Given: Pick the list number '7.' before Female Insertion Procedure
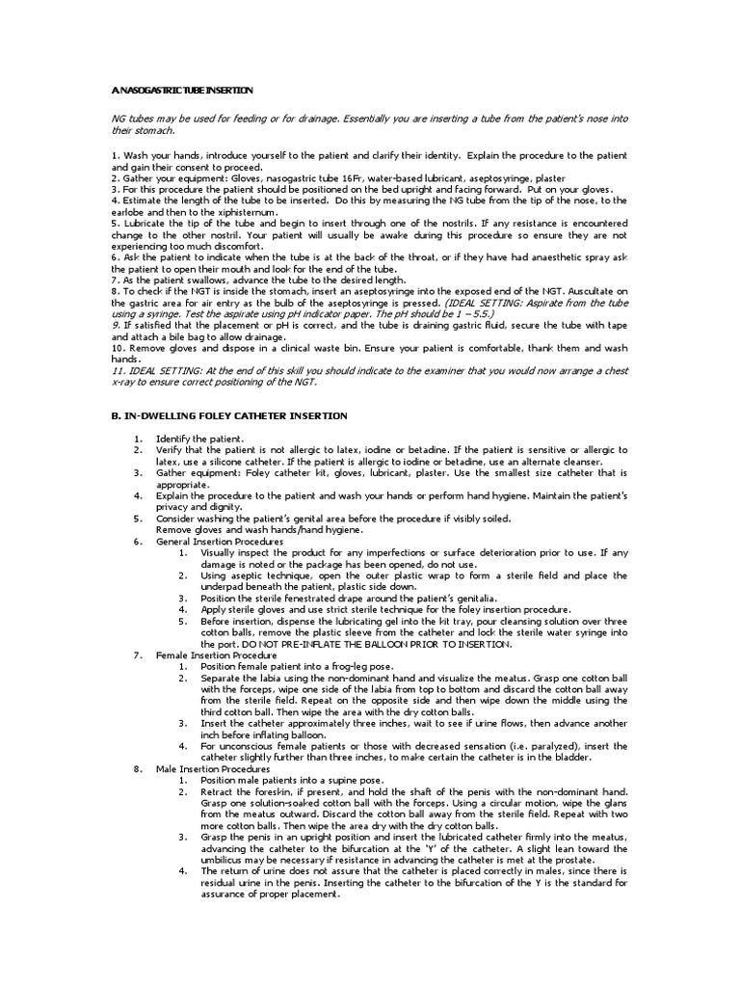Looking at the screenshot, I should tap(138, 655).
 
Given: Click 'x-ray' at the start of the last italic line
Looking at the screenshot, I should tap(123, 382).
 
